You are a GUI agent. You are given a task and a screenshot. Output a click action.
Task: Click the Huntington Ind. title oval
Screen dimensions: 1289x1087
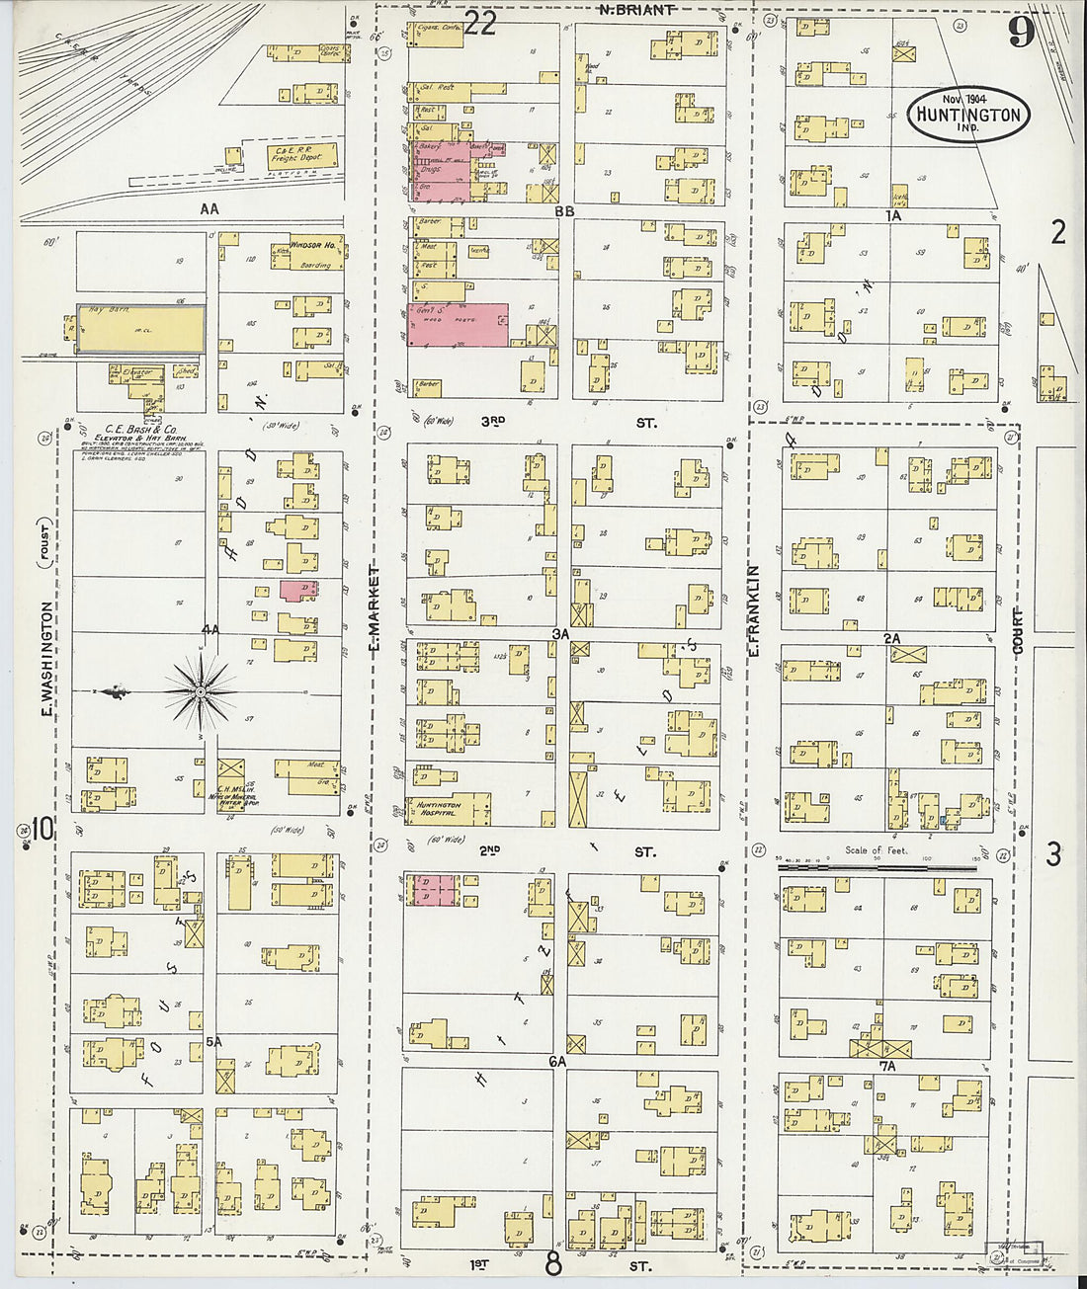coord(967,113)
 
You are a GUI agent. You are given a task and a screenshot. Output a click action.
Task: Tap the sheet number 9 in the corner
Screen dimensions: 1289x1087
coord(1021,32)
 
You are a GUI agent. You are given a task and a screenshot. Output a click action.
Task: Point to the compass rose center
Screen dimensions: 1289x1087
coord(201,692)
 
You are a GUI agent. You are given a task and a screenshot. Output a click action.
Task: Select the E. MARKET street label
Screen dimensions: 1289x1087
coord(374,613)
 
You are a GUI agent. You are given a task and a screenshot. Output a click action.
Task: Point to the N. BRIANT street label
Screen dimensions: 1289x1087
coord(636,10)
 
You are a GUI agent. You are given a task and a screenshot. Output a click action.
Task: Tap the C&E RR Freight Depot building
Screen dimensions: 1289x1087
coord(302,154)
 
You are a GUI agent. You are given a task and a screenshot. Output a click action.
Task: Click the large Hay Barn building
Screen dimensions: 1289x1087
coord(140,328)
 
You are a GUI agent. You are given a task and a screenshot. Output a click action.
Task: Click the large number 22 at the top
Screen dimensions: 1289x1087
coord(479,23)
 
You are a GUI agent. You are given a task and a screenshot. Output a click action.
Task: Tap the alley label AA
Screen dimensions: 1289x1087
coord(209,208)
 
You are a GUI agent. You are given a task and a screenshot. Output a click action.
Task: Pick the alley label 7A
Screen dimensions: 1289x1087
coord(886,1066)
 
